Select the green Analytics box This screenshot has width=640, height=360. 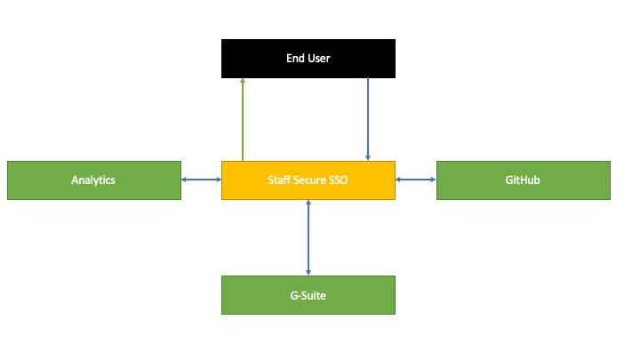pos(93,180)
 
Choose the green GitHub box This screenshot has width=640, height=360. pos(523,180)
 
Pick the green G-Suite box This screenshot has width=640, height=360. pos(308,294)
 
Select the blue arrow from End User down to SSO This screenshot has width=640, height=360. pos(368,116)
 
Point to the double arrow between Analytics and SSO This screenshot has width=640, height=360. pos(201,180)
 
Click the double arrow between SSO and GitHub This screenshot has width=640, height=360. pos(415,180)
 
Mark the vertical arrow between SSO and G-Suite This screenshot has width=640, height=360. pos(308,237)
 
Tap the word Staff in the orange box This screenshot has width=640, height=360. pos(280,180)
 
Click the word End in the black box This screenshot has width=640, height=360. pos(294,59)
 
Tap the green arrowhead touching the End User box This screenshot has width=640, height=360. pos(243,81)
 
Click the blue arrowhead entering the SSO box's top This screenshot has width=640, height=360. pos(368,157)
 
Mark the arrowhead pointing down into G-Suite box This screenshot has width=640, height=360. pos(308,271)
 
